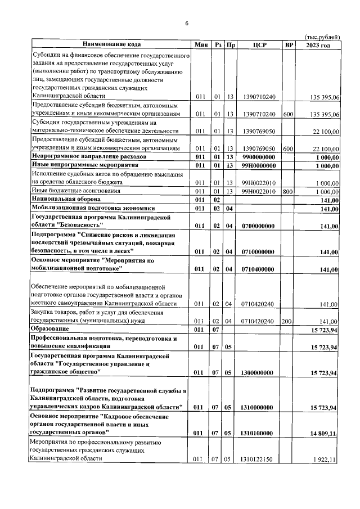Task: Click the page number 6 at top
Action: pos(186,24)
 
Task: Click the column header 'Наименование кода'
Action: pos(111,44)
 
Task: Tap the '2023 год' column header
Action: pos(318,44)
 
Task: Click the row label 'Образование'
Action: pos(50,328)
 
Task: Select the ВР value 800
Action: pos(288,191)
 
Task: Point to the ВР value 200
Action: pos(288,321)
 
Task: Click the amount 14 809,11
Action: pos(322,433)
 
